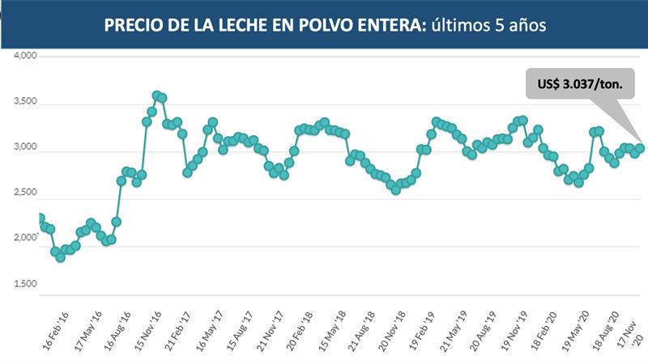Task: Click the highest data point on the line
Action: [157, 95]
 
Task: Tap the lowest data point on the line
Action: [60, 257]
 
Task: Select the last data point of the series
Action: [640, 148]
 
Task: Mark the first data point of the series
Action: [40, 218]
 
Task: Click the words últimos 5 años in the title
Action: [481, 26]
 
